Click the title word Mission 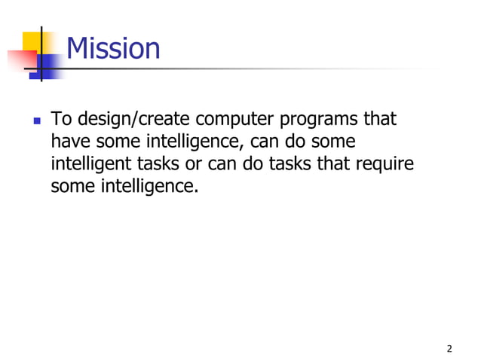[x=113, y=49]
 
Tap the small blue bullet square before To [x=35, y=121]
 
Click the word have [x=69, y=142]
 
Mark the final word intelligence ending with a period [x=149, y=185]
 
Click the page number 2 [x=449, y=348]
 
